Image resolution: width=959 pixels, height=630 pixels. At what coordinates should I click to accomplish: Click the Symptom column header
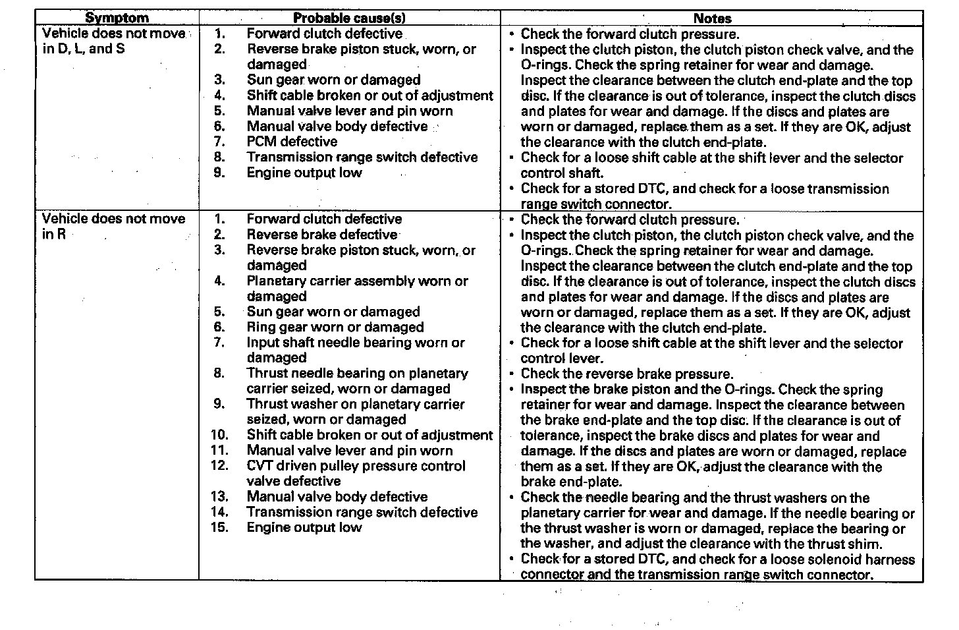coord(117,18)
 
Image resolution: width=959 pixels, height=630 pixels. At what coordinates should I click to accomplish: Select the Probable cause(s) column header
coord(349,18)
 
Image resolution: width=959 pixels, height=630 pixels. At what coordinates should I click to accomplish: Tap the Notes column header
coord(712,18)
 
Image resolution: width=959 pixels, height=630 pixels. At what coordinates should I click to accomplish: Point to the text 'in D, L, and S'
coord(83,49)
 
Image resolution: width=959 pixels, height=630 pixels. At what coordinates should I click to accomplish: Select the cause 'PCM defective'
coord(292,142)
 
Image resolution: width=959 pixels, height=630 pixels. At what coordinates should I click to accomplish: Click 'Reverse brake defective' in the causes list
coord(321,235)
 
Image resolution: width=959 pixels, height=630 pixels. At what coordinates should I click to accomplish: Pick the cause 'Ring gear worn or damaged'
coord(335,327)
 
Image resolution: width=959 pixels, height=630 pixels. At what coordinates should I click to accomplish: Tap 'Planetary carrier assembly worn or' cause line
coord(357,281)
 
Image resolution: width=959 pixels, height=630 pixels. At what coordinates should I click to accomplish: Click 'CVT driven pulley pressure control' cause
coord(356,465)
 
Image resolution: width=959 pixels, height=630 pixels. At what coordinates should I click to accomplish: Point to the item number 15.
coord(219,527)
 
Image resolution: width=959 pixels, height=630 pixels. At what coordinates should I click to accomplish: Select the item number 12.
coord(219,465)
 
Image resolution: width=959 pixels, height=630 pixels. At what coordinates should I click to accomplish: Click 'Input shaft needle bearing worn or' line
coord(356,343)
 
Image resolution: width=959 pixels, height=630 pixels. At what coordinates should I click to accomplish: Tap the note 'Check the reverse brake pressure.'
coord(626,374)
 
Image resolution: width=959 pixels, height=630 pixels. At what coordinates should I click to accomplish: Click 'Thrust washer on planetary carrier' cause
coord(355,404)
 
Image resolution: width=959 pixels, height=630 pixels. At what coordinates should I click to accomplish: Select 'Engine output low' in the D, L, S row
coord(304,173)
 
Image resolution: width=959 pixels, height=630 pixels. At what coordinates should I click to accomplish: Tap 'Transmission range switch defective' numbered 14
coord(362,512)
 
